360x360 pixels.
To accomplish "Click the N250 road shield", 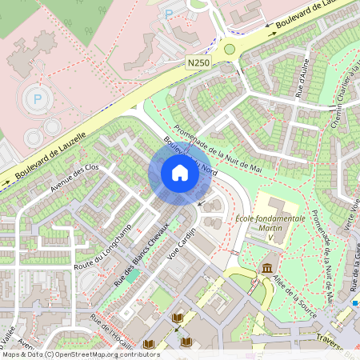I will point(198,62).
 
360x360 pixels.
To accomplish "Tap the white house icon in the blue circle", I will point(179,173).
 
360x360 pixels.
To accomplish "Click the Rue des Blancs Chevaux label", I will point(142,255).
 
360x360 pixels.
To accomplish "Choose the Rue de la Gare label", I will point(353,267).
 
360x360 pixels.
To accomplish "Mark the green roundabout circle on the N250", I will point(230,49).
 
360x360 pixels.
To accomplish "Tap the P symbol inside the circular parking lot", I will point(37,99).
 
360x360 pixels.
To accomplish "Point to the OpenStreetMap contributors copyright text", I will point(80,354).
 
